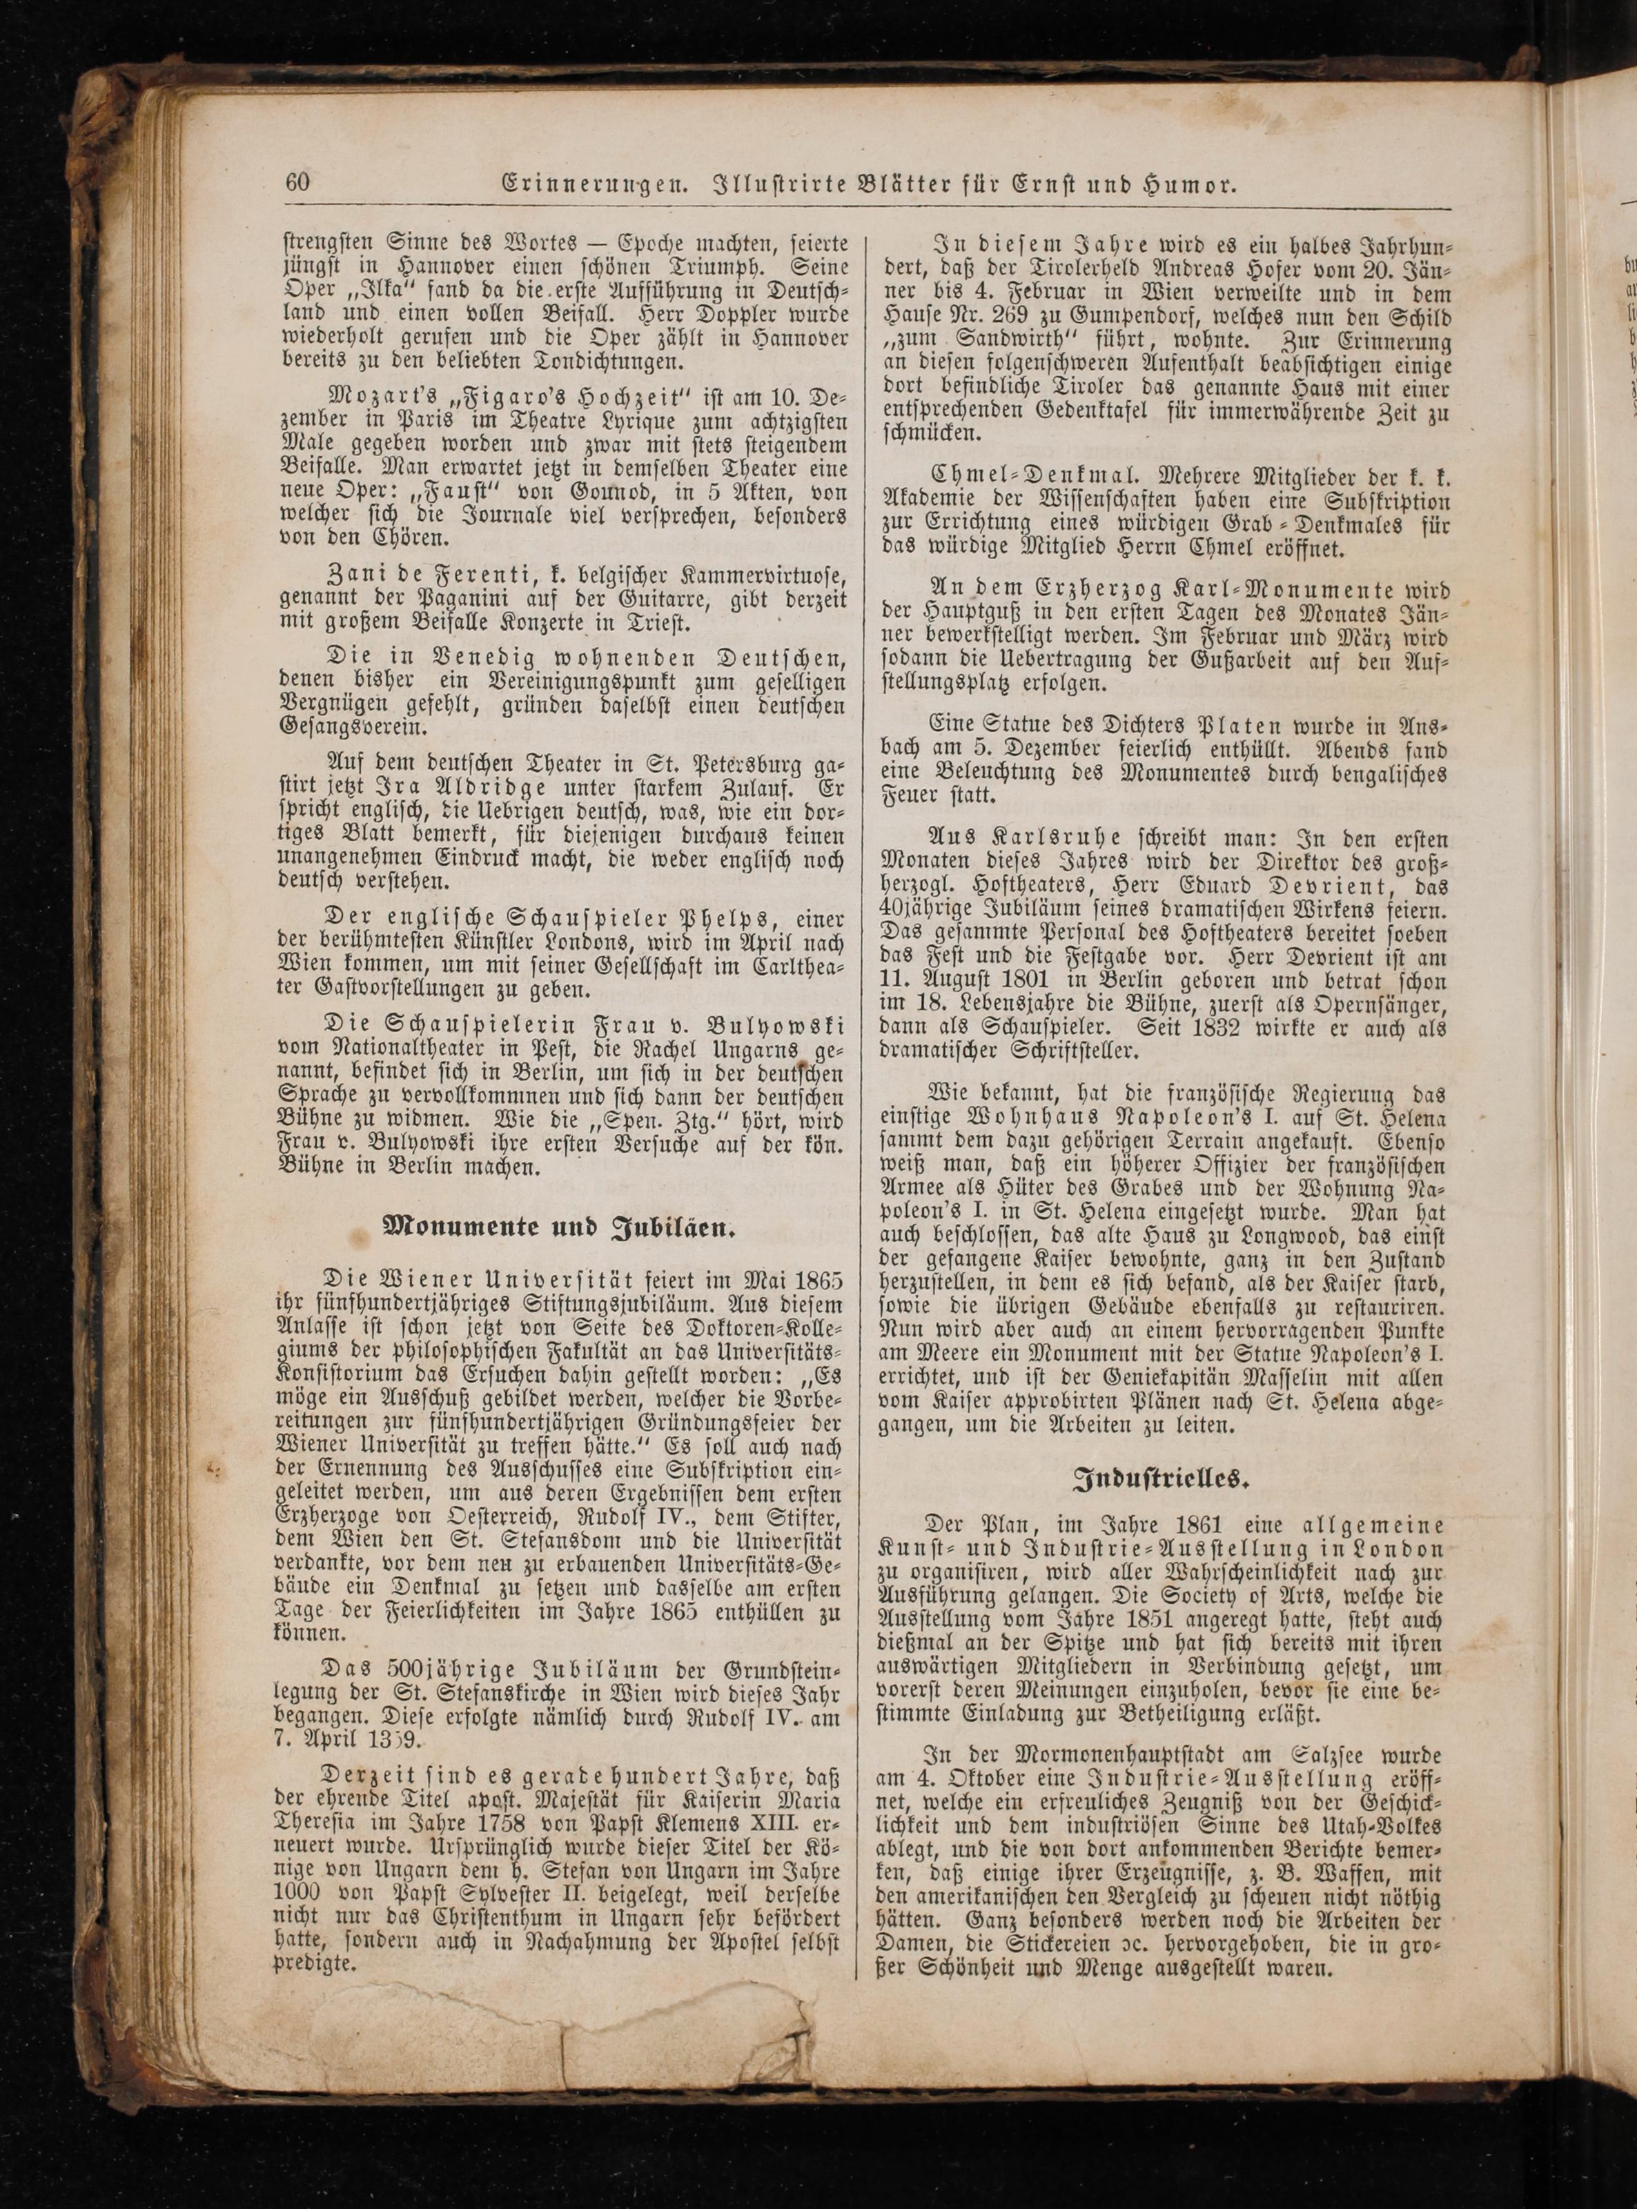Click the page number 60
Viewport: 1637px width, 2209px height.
click(298, 184)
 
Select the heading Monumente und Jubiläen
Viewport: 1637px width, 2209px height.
click(560, 1228)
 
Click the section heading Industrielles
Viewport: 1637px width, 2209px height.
click(1158, 1479)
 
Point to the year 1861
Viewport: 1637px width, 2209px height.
click(1204, 1525)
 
